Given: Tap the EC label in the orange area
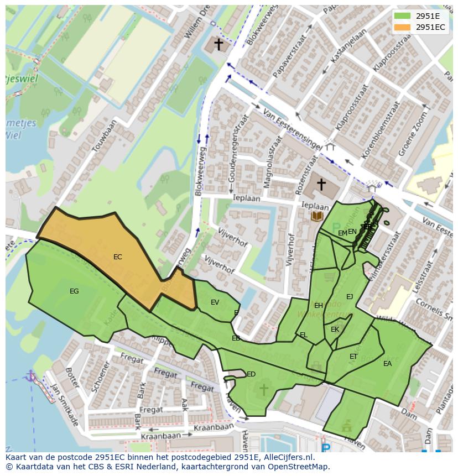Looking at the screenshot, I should (117, 257).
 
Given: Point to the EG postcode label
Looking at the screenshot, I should (74, 291).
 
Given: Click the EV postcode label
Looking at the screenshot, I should (215, 302).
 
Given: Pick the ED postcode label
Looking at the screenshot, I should (251, 374).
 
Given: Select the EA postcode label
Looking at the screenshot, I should (387, 364).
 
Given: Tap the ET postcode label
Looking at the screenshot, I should (353, 357).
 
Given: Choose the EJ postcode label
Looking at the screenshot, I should (350, 297).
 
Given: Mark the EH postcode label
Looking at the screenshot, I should (319, 306).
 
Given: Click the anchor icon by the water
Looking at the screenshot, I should (31, 377).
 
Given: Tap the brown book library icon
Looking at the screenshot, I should (317, 216).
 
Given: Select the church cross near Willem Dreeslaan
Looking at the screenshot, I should (219, 44).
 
